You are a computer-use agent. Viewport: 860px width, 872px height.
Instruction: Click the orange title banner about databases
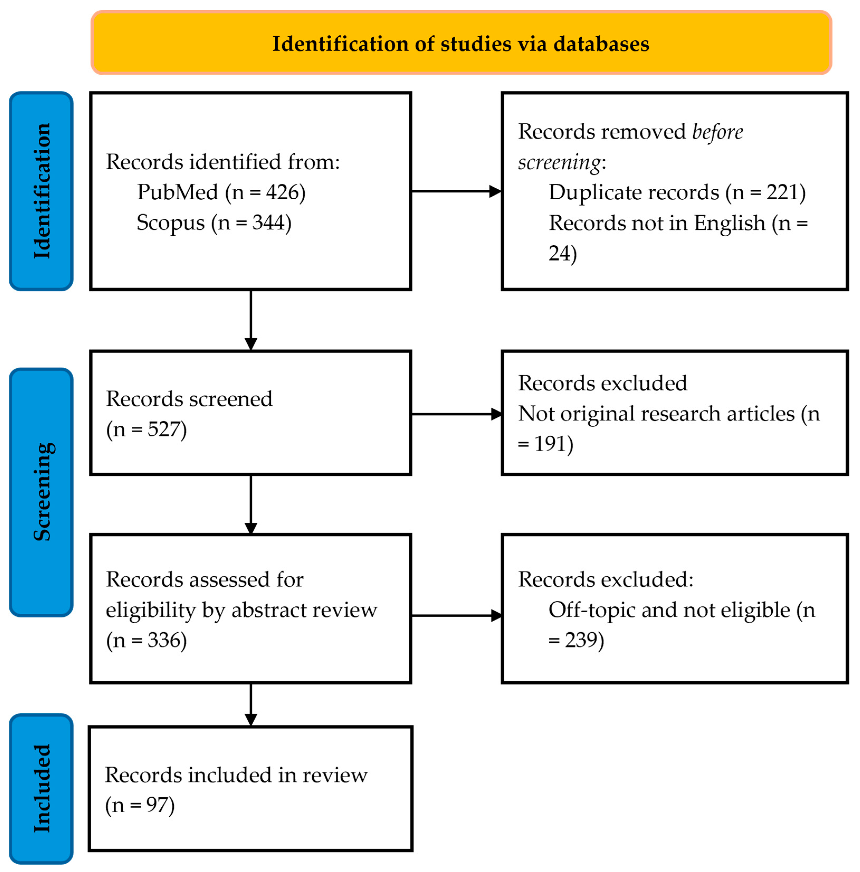tap(461, 43)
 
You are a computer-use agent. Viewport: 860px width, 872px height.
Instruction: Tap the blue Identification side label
tap(41, 191)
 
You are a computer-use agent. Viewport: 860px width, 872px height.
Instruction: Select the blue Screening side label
tap(41, 492)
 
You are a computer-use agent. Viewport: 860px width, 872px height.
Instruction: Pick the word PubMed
tap(177, 192)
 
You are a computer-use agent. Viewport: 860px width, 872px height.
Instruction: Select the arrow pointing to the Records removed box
tap(456, 191)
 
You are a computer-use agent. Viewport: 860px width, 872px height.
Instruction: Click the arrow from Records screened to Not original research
tap(456, 414)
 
